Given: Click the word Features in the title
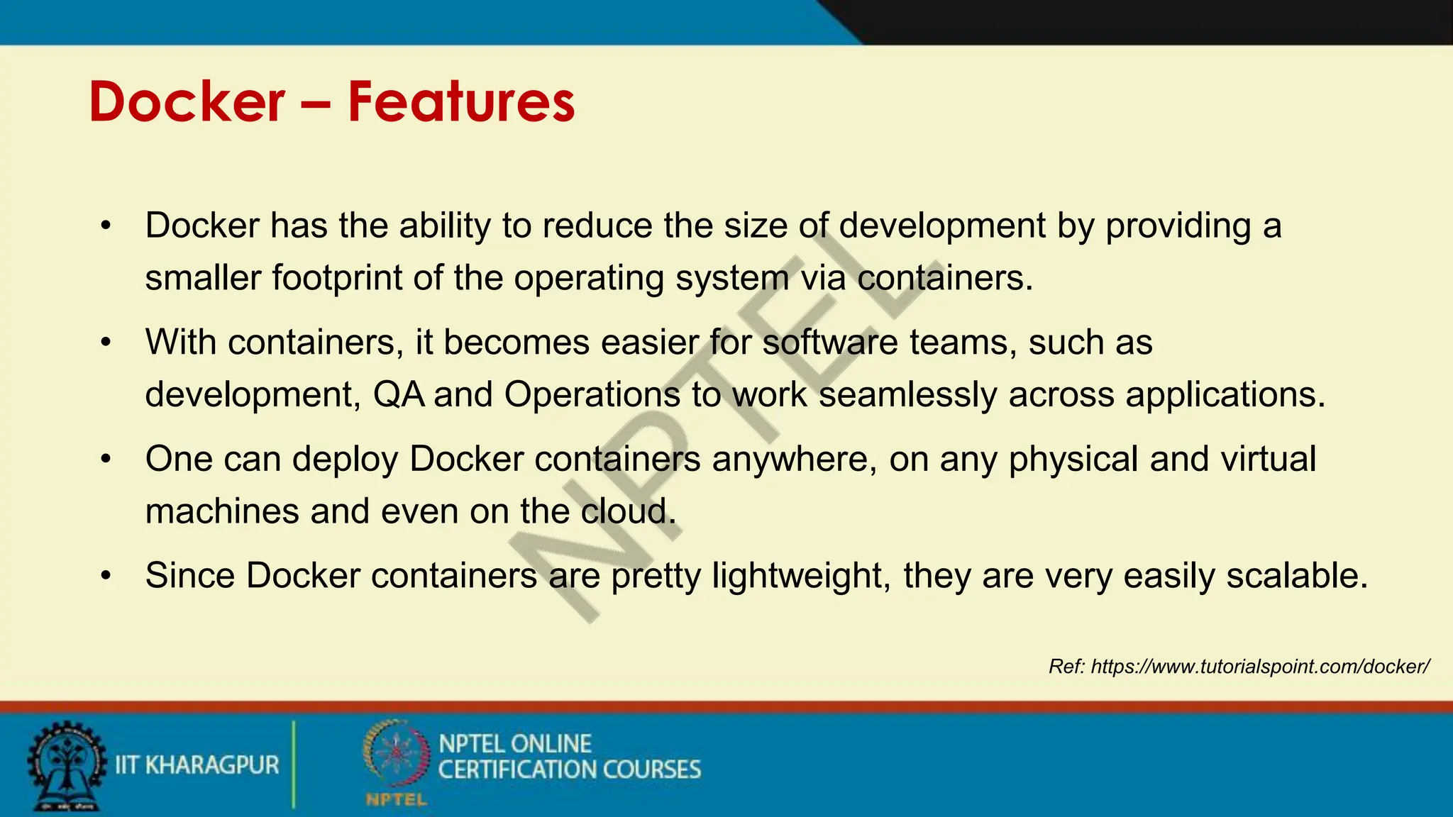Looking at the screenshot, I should pos(461,103).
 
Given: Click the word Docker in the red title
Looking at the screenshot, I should pos(187,103).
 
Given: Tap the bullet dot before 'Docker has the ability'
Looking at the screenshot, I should pos(106,226).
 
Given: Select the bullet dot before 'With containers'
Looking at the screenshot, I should pos(106,343).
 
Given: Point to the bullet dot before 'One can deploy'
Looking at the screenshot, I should pos(106,460).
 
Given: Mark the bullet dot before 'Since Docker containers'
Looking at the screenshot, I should pos(106,576).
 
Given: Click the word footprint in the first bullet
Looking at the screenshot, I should pos(337,277).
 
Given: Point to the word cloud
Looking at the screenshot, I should pos(628,511).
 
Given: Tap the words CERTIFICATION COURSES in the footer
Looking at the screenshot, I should pos(569,770).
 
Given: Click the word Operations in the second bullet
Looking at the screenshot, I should pos(592,394).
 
